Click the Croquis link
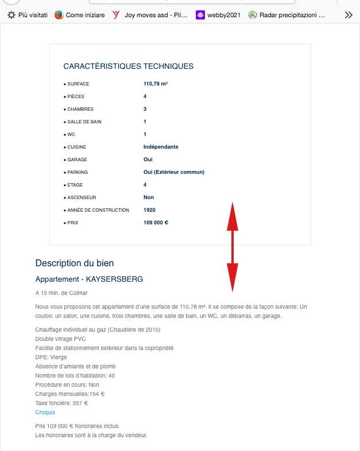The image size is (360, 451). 45,412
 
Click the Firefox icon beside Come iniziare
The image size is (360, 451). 59,15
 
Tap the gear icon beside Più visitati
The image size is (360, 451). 11,15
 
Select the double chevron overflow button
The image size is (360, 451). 349,15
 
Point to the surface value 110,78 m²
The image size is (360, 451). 155,84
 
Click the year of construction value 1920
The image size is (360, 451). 149,210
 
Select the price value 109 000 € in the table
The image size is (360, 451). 156,223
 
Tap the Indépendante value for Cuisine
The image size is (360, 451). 161,147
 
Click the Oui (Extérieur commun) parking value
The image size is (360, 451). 174,172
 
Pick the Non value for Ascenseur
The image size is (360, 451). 149,197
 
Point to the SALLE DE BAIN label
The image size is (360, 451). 84,122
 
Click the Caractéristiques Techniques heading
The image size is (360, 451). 128,66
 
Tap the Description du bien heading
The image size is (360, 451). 75,263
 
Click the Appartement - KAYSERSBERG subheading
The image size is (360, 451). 89,279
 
